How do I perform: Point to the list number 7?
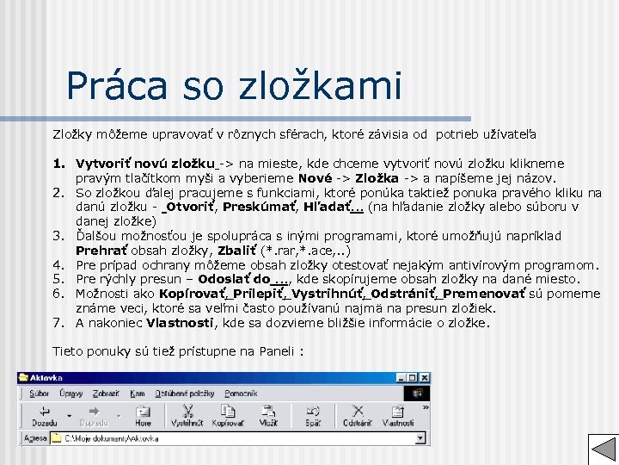[59, 323]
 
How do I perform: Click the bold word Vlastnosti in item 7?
[180, 323]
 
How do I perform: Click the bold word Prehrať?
[101, 251]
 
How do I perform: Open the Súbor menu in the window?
[40, 393]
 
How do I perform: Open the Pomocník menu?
[242, 393]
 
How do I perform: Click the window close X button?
[422, 378]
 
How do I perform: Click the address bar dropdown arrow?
[422, 437]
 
